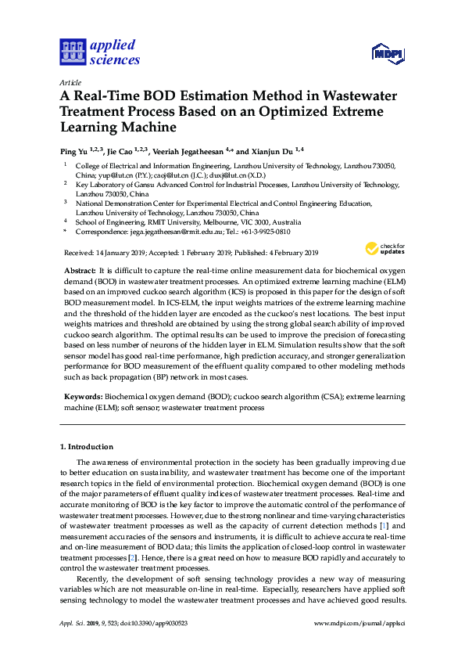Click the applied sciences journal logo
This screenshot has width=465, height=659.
(100, 52)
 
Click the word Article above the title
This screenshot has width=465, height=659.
(70, 81)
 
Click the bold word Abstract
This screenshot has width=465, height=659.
(79, 269)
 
